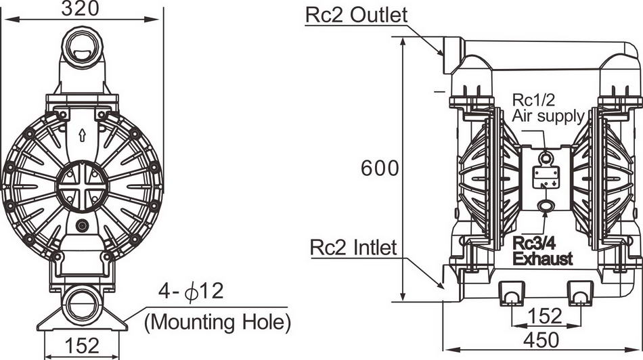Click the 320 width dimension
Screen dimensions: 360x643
[81, 9]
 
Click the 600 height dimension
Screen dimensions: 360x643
[380, 169]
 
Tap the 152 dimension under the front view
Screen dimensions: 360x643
[82, 345]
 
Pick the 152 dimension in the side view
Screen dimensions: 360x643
[544, 315]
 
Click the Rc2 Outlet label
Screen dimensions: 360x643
[356, 15]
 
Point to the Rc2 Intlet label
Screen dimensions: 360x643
[353, 248]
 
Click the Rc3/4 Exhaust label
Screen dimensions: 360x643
[542, 251]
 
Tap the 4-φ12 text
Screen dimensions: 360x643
[190, 292]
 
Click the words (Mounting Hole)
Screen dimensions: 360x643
[217, 321]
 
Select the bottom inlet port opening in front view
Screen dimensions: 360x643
[83, 299]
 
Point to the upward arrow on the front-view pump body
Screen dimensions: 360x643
[82, 133]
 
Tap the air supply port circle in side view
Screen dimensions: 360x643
[545, 158]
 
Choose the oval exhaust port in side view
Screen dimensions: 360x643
[545, 205]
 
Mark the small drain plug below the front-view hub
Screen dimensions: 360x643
[83, 226]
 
